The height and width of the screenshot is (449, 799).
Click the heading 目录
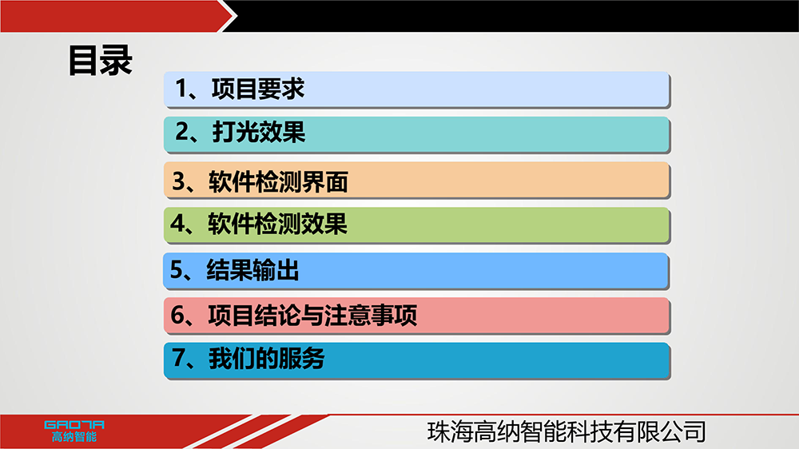[x=101, y=61]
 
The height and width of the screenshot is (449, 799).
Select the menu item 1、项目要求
[x=240, y=89]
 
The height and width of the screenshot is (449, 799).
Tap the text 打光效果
[x=258, y=132]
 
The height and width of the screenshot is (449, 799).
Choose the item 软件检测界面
[x=278, y=182]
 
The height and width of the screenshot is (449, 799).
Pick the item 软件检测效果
[x=278, y=224]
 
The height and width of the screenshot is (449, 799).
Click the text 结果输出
[x=252, y=269]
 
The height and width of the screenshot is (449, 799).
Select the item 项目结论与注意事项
[x=313, y=315]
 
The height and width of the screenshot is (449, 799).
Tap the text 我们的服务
[x=267, y=358]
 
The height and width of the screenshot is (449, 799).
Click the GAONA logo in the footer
[x=74, y=424]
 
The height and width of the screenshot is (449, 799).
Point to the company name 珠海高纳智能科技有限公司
[x=566, y=431]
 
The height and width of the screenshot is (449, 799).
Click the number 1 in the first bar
[x=181, y=89]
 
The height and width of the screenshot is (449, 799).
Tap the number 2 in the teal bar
[x=182, y=132]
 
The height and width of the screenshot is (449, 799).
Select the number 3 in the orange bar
[x=179, y=181]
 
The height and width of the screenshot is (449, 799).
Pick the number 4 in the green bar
[x=178, y=224]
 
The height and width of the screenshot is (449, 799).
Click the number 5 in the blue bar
[x=177, y=269]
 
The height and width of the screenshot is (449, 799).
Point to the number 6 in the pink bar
[x=178, y=315]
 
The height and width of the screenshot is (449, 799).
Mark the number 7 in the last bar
[x=178, y=358]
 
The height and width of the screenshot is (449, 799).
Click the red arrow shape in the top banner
[x=118, y=16]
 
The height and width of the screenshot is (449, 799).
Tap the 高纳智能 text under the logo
[x=74, y=437]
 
